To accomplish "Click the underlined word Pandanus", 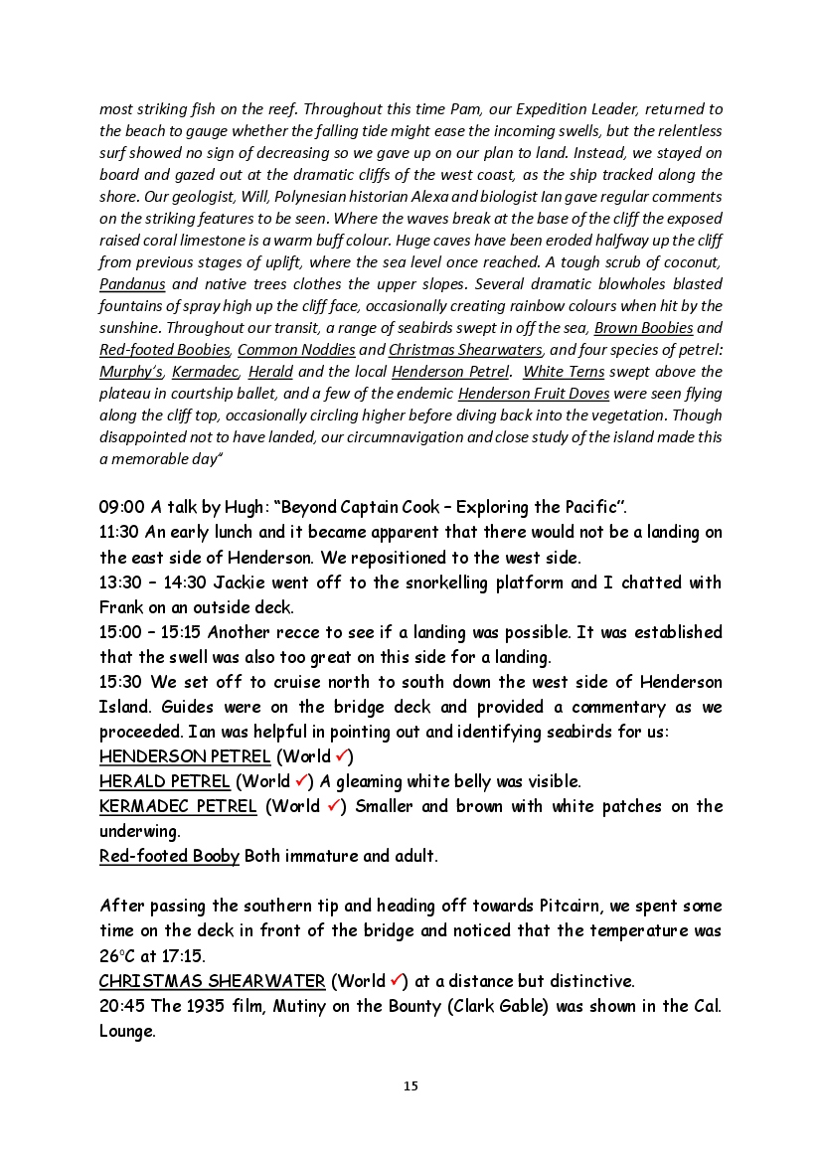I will click(x=132, y=284).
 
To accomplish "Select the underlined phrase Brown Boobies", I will click(x=643, y=328).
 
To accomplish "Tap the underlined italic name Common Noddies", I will click(x=296, y=350).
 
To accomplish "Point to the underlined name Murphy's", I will click(x=131, y=372).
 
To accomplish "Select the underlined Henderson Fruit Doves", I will click(x=534, y=394).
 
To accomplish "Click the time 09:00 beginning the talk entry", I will click(x=119, y=506).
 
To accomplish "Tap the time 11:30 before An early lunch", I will click(x=119, y=532).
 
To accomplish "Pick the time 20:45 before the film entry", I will click(x=120, y=1006).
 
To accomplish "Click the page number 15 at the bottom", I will click(x=411, y=1086).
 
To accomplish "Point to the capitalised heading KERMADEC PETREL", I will click(x=178, y=806).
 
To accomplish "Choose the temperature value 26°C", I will click(x=117, y=956).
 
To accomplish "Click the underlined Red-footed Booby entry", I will click(x=169, y=856).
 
